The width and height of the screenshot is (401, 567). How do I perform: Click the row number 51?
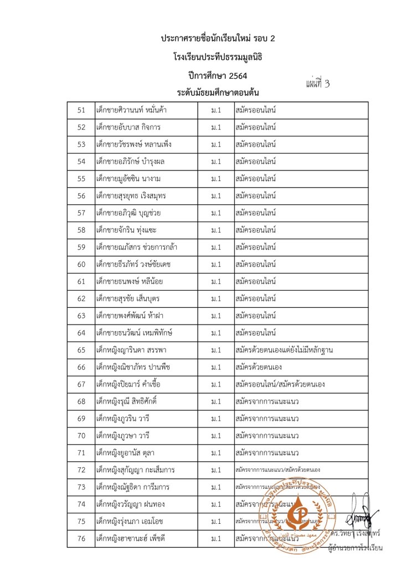point(81,110)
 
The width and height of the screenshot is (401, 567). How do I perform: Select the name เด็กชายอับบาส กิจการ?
point(128,127)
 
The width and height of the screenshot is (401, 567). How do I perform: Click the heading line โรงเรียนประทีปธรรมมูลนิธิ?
point(218,56)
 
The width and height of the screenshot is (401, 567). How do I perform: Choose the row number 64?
point(81,333)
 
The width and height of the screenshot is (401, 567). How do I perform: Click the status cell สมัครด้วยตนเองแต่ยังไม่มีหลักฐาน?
point(284,350)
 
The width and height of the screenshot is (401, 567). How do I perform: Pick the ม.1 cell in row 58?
point(216,230)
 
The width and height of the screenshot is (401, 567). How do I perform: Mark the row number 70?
point(81,436)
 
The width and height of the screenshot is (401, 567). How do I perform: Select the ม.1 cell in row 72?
point(216,470)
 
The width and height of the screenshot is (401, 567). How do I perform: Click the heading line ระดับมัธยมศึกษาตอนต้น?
point(218,92)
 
